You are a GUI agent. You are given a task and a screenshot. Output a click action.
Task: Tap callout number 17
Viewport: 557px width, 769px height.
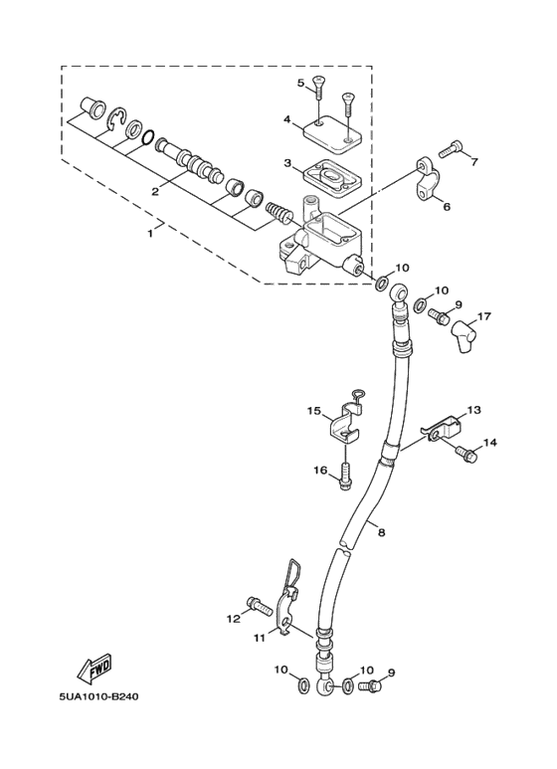pyautogui.click(x=483, y=317)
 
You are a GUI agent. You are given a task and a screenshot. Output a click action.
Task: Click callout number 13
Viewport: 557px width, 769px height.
pyautogui.click(x=473, y=409)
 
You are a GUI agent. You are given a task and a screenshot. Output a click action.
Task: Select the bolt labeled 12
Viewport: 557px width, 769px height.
pyautogui.click(x=259, y=604)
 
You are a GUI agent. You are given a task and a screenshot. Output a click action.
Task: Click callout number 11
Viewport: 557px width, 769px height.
pyautogui.click(x=260, y=637)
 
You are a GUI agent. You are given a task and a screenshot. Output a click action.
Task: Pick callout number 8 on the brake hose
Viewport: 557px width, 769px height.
pyautogui.click(x=380, y=533)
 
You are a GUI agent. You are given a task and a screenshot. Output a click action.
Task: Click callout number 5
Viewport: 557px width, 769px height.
pyautogui.click(x=299, y=83)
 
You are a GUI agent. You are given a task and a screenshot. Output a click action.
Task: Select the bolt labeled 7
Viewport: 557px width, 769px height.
pyautogui.click(x=449, y=149)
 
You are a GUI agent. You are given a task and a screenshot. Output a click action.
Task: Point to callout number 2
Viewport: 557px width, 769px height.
pyautogui.click(x=155, y=189)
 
